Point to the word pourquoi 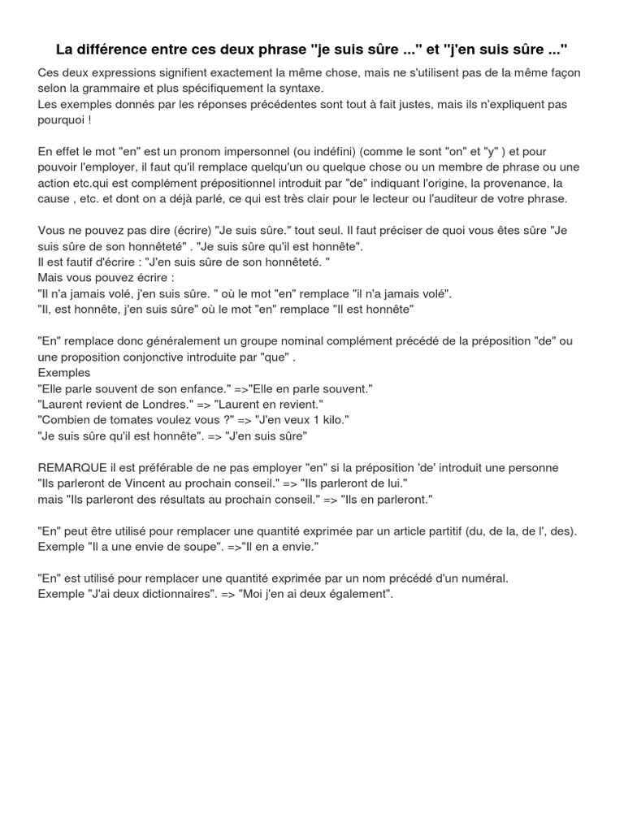[x=62, y=119]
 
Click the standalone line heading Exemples [x=63, y=373]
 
